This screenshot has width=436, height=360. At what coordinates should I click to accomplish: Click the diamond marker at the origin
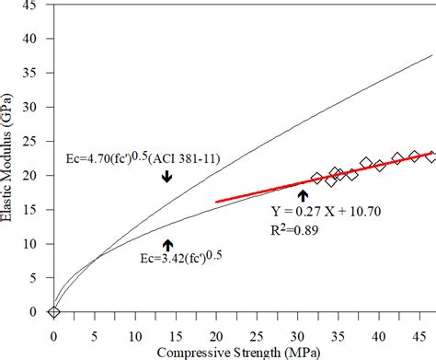coord(54,312)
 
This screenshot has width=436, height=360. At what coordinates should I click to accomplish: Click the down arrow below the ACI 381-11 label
coord(166,176)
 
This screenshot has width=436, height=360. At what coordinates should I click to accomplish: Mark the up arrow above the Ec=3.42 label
coord(167,244)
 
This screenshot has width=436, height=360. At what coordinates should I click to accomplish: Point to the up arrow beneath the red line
coord(303,194)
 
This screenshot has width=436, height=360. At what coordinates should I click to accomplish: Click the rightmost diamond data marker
coord(430,157)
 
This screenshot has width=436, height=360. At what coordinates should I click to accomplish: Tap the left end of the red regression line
coord(215,201)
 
